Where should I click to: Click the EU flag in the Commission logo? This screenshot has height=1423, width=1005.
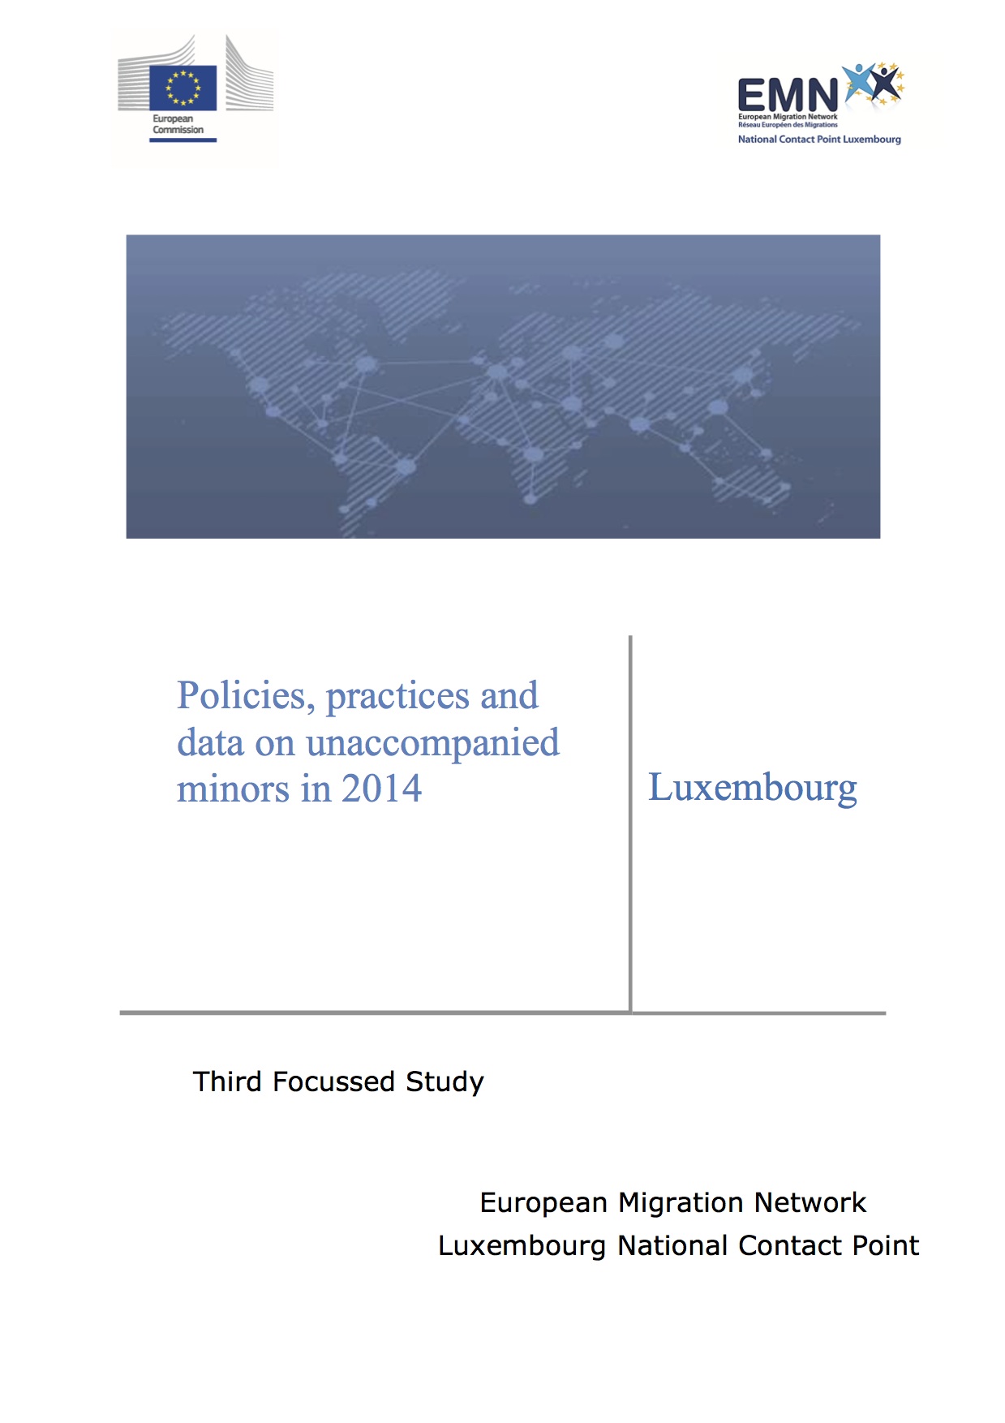coord(183,88)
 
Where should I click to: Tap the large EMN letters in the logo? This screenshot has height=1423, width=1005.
coord(787,96)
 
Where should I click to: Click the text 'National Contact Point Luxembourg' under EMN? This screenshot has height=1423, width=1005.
coord(819,140)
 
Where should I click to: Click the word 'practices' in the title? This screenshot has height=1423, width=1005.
coord(397,697)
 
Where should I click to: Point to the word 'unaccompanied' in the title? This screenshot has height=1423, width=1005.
coord(432,744)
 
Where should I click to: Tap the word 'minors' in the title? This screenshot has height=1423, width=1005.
coord(233,789)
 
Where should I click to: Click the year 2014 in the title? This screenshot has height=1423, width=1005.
coord(381,789)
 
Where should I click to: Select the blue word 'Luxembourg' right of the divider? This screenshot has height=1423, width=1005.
coord(752,789)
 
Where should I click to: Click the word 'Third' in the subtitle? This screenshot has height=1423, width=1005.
coord(227,1081)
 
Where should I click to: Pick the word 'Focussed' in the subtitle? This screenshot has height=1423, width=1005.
coord(334,1081)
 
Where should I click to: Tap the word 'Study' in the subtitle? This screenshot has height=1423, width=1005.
coord(445,1082)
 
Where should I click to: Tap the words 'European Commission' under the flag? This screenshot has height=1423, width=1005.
coord(178,124)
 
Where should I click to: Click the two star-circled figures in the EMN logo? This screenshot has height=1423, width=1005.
coord(874,84)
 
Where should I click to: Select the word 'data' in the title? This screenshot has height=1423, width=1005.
coord(210,744)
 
